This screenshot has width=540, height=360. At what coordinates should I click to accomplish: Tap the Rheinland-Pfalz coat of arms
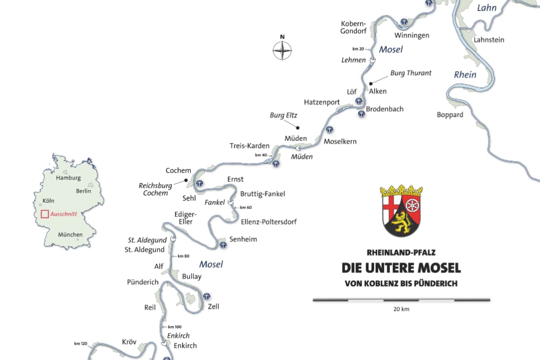[401, 211]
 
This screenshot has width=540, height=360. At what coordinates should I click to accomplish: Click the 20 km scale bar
[401, 300]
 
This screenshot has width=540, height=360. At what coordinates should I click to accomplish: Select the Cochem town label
[178, 170]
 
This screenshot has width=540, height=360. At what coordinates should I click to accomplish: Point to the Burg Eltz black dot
[298, 127]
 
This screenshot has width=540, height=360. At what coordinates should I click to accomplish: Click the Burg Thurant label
[411, 73]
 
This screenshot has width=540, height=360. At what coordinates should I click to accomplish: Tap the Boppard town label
[450, 115]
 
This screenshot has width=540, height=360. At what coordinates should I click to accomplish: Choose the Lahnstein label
[489, 39]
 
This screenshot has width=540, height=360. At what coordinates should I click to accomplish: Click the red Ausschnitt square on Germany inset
[44, 214]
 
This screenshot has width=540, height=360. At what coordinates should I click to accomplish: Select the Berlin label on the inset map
[83, 191]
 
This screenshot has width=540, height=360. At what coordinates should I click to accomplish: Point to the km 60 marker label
[245, 207]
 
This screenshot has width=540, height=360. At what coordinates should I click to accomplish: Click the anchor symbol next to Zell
[207, 296]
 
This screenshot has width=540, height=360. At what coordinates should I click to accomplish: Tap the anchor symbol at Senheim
[222, 246]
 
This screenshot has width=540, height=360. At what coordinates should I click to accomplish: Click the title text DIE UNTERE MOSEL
[401, 267]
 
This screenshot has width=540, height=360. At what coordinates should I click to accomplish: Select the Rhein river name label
[465, 74]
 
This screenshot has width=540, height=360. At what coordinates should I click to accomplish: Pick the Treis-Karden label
[249, 146]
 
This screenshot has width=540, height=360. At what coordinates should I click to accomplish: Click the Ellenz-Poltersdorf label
[268, 221]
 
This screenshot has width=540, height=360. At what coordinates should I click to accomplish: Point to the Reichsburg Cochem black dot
[186, 180]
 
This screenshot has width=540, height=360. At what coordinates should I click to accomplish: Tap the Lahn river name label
[487, 8]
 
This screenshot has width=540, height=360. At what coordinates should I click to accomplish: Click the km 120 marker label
[80, 344]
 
